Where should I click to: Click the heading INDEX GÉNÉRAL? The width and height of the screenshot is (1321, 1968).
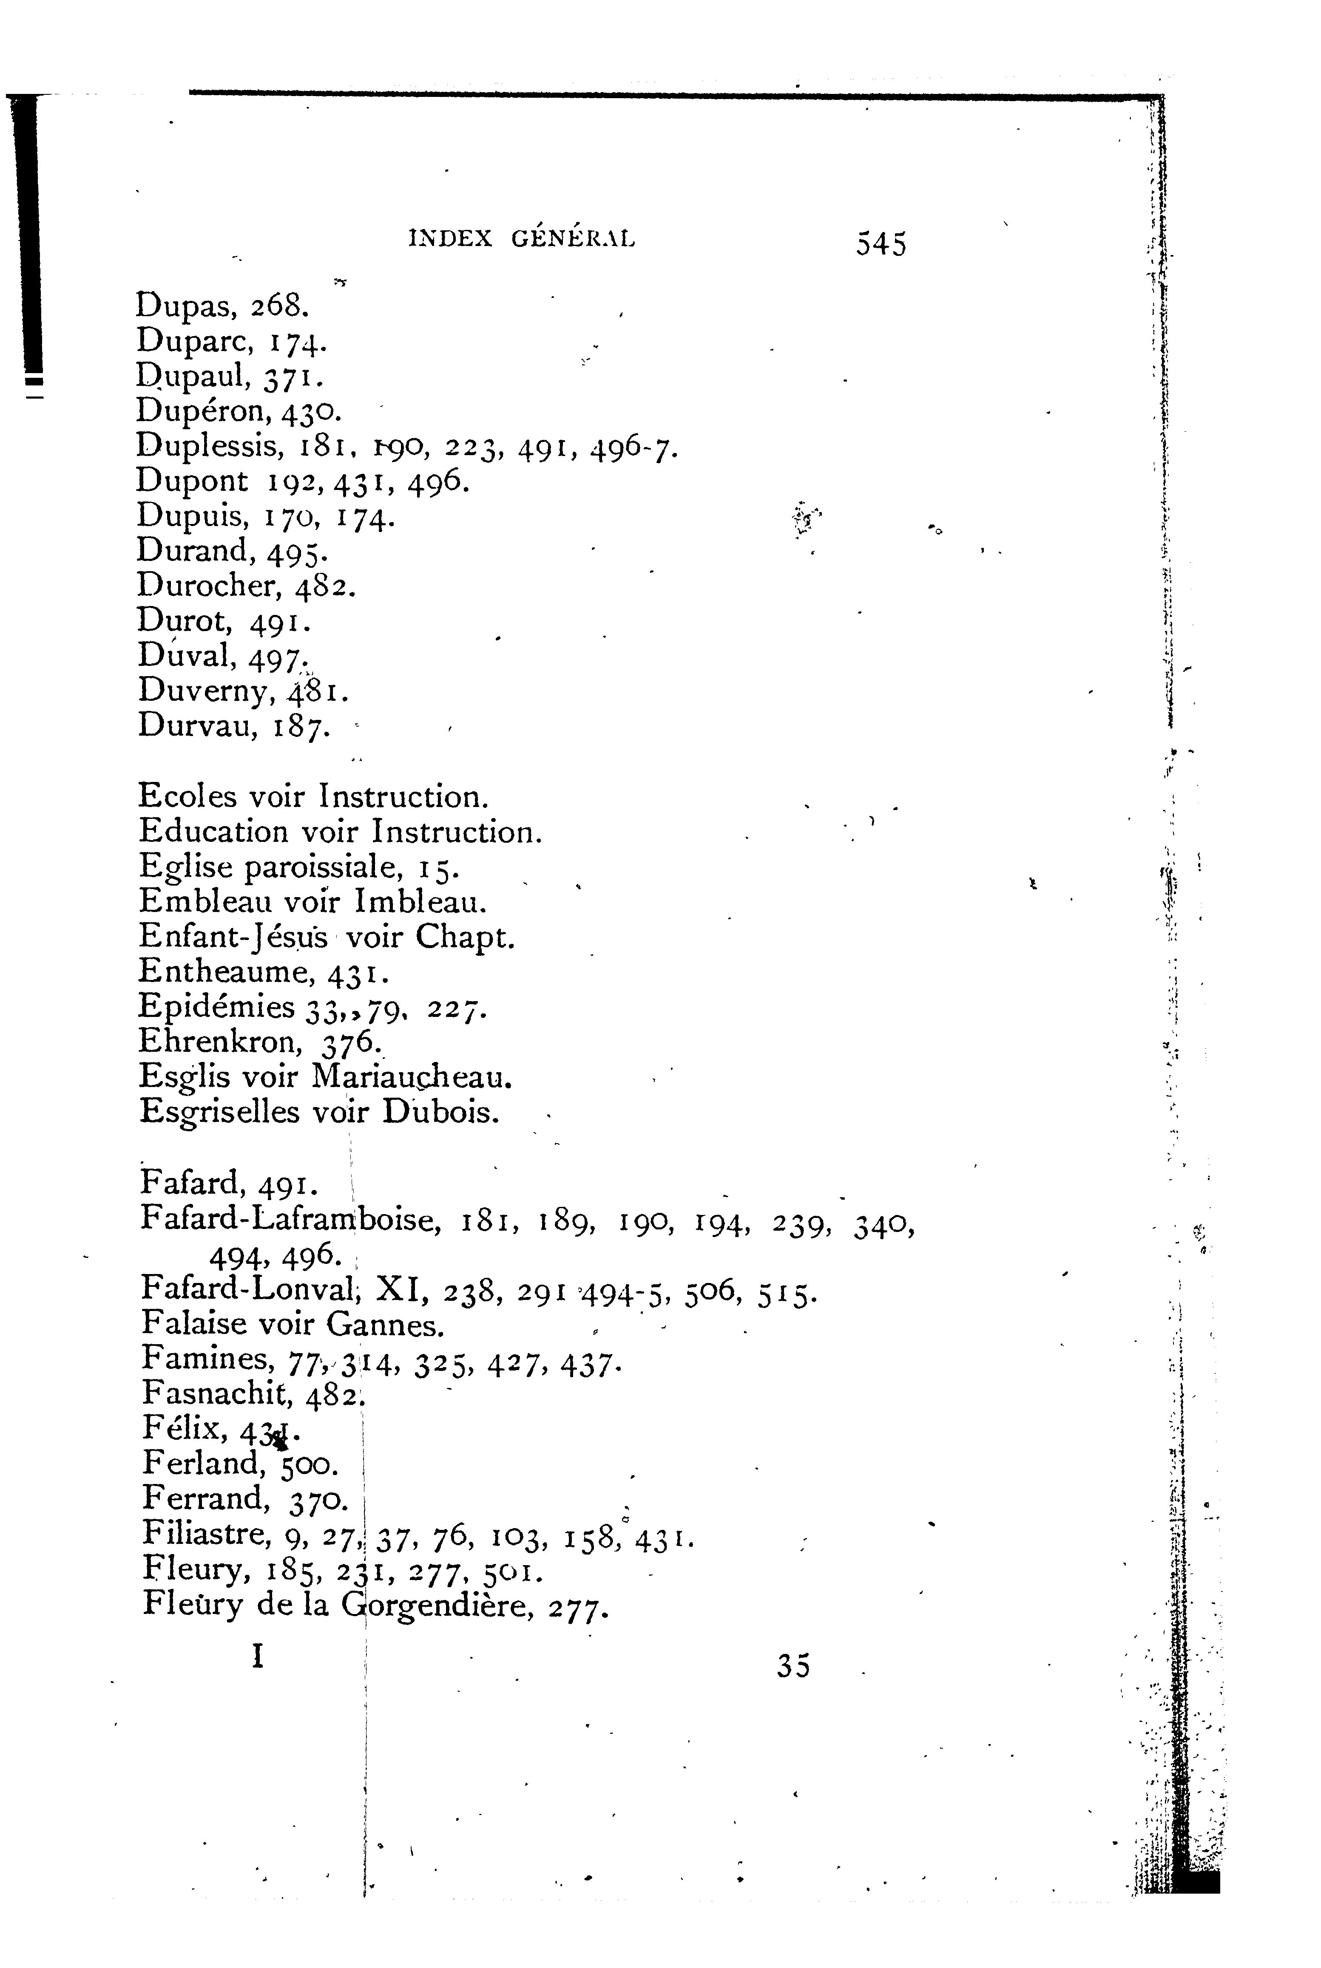pyautogui.click(x=522, y=239)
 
